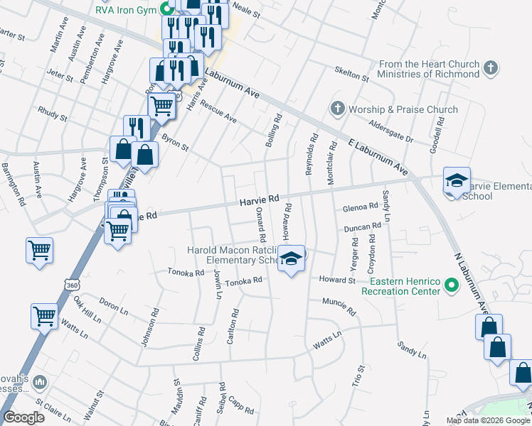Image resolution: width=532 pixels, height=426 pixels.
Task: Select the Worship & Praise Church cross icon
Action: click(x=337, y=109)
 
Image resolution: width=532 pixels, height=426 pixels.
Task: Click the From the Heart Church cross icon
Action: click(x=490, y=69)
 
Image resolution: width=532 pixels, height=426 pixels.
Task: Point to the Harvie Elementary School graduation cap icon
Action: click(x=457, y=182)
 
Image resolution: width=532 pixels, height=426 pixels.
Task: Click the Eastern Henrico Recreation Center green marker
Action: click(x=450, y=285)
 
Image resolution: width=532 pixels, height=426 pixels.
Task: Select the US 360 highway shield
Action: click(x=72, y=285)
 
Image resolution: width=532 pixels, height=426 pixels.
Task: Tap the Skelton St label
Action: click(x=352, y=74)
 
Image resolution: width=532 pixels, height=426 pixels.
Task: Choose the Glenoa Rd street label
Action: click(x=360, y=207)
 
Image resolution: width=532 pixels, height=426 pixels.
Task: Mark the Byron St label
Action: click(x=175, y=143)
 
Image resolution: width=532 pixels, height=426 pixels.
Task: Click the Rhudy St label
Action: click(x=53, y=114)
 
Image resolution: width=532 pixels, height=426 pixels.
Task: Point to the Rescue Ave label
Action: click(x=218, y=110)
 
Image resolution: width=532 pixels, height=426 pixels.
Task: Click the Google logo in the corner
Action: click(x=24, y=417)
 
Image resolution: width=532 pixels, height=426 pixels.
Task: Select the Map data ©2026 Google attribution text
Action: click(x=487, y=420)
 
